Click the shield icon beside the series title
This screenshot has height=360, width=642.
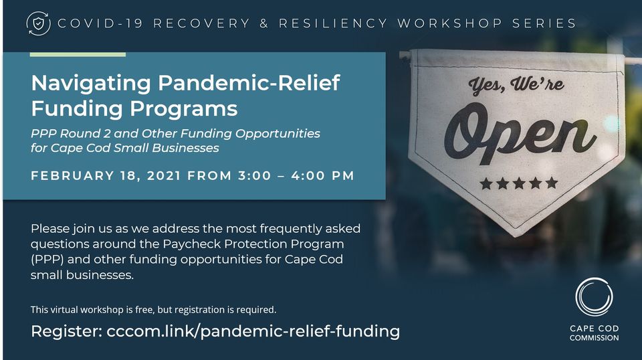[39, 23]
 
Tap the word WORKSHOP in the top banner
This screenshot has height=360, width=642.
[450, 23]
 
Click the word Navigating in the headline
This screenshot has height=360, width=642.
[92, 84]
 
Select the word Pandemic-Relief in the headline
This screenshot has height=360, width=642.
[249, 82]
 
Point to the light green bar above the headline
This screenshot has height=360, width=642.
[78, 54]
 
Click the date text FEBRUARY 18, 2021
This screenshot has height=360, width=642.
[106, 176]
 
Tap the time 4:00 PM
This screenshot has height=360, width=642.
[322, 176]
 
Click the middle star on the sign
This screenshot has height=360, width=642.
[519, 183]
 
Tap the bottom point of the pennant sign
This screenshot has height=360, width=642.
[516, 236]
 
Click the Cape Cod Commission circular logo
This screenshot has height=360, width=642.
[594, 297]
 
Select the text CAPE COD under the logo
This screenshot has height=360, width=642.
[594, 329]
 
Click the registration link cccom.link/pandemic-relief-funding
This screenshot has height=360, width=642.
[253, 331]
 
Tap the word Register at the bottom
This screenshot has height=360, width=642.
[66, 331]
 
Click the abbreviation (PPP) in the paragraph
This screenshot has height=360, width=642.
[47, 260]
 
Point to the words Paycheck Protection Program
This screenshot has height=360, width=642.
[253, 244]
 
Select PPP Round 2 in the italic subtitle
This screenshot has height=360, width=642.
[70, 134]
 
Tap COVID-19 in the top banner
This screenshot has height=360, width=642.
[100, 23]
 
